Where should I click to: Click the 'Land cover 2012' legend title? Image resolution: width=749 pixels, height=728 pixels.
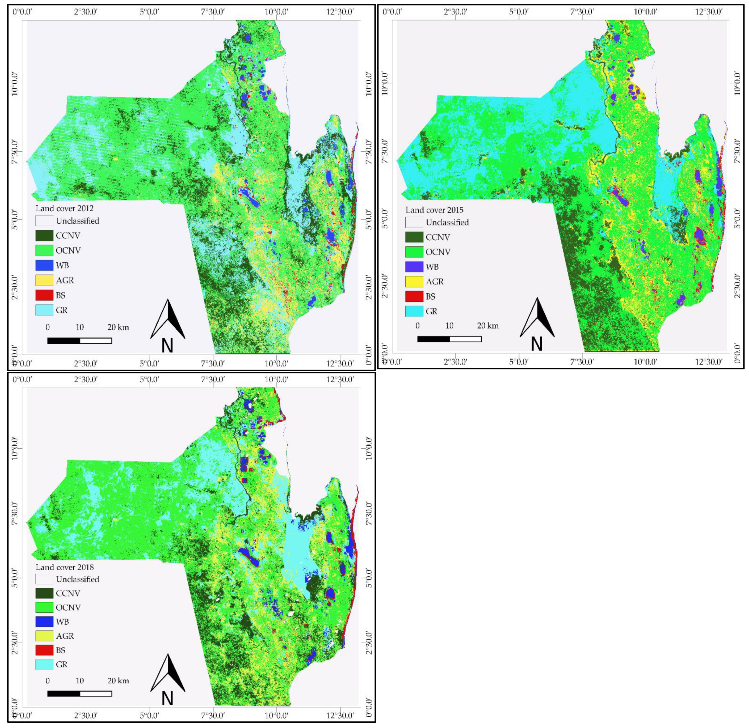click(x=64, y=208)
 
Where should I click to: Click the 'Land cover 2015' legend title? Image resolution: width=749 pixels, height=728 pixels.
click(x=434, y=210)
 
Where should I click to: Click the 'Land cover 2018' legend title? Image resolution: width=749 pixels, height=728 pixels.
click(x=64, y=567)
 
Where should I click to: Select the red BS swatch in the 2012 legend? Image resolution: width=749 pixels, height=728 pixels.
click(x=44, y=295)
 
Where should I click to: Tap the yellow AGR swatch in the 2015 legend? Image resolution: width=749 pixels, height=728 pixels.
click(x=414, y=282)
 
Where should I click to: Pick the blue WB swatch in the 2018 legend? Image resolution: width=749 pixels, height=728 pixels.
click(x=44, y=622)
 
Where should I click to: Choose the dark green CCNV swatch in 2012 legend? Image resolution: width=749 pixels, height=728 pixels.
click(x=44, y=236)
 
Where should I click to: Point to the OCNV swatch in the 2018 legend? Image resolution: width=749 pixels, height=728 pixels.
click(x=44, y=607)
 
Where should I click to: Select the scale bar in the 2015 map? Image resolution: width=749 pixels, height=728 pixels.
click(x=449, y=339)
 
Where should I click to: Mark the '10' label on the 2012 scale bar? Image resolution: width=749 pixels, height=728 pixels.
click(x=79, y=327)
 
